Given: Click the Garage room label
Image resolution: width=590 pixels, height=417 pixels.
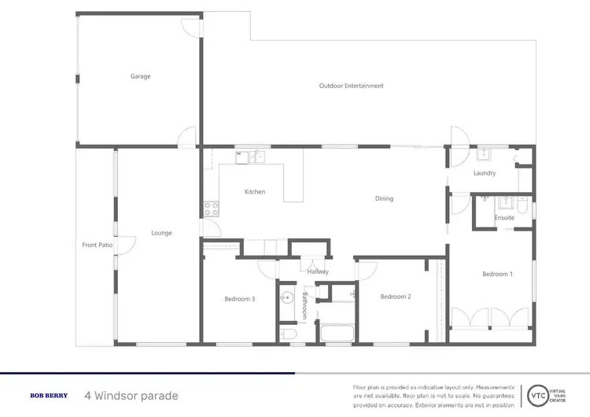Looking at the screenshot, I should tap(140, 76).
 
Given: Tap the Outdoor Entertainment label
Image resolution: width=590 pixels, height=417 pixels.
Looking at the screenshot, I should tap(351, 86).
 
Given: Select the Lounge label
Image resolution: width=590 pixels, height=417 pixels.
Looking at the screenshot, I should tap(161, 233).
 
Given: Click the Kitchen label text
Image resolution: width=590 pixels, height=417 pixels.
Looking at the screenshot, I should tap(254, 192).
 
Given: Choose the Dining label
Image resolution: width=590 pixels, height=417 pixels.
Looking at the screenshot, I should tap(384, 199).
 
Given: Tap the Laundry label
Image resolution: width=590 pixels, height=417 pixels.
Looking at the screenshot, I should tap(484, 173).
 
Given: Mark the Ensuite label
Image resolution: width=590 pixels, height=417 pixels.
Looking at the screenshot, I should tap(504, 218).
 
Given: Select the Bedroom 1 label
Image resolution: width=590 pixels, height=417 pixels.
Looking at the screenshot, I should tap(497, 274).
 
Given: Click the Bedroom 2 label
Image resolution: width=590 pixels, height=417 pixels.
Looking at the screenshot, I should tap(396, 297).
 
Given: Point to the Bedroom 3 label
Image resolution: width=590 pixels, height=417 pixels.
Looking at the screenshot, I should tap(239, 299).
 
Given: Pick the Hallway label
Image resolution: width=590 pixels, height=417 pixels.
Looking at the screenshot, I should tap(318, 271).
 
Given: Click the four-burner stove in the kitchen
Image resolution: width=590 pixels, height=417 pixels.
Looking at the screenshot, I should tap(211, 208).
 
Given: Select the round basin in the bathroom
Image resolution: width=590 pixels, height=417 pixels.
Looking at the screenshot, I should tap(288, 300).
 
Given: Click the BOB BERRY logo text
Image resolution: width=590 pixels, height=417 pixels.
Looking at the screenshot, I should tap(49, 396).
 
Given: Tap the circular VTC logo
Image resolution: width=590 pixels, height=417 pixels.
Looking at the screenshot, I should tap(538, 395).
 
